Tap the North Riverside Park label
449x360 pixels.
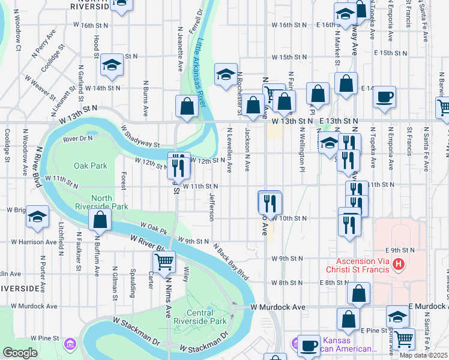tap(110, 202)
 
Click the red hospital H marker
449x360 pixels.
tap(397, 264)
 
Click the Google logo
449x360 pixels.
tap(20, 353)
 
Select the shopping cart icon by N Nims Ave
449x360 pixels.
tap(164, 262)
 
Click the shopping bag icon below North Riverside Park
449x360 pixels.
tap(100, 220)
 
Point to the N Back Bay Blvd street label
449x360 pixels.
tap(231, 262)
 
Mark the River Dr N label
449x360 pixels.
tap(78, 139)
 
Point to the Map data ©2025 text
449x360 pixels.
tap(423, 355)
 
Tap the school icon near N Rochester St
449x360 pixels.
tap(226, 74)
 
